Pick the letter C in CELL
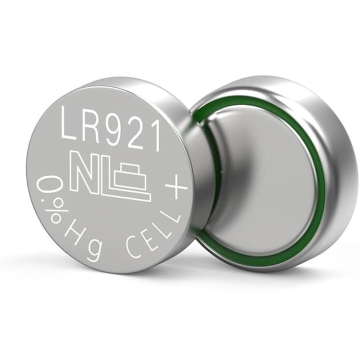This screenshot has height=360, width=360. pos(132,249)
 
